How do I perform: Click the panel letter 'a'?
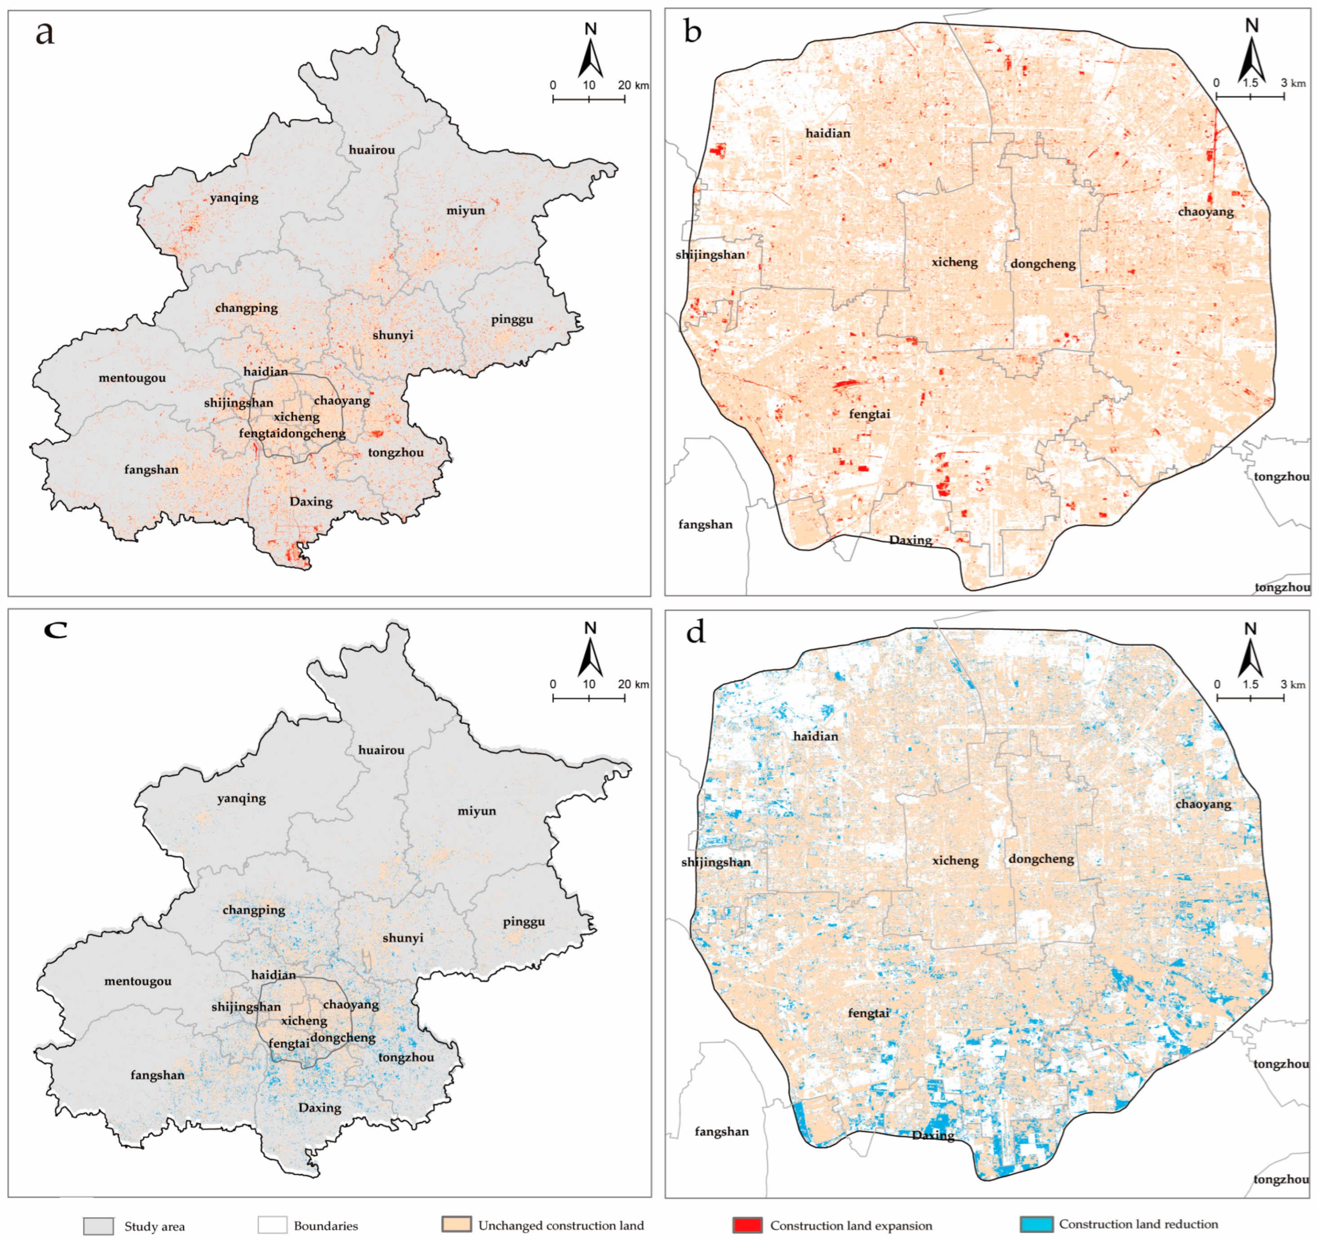(x=45, y=33)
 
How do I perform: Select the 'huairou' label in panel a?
(x=371, y=150)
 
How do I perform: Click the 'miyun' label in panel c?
(x=476, y=811)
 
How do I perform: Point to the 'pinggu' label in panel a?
(x=511, y=319)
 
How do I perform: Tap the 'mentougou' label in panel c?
(x=137, y=981)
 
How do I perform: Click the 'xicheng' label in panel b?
(x=954, y=262)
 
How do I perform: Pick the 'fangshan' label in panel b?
(x=705, y=524)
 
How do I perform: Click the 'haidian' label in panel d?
(x=815, y=736)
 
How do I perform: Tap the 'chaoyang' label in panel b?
(x=1206, y=212)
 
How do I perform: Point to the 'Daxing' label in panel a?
(x=310, y=502)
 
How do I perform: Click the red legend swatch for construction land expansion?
(x=747, y=1225)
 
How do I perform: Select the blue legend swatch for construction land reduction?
(x=1036, y=1224)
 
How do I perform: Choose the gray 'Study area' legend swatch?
(x=98, y=1226)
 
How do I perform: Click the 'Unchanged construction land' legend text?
(x=561, y=1226)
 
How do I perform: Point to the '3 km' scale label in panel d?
(x=1292, y=684)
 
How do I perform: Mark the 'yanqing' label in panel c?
(x=241, y=798)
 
